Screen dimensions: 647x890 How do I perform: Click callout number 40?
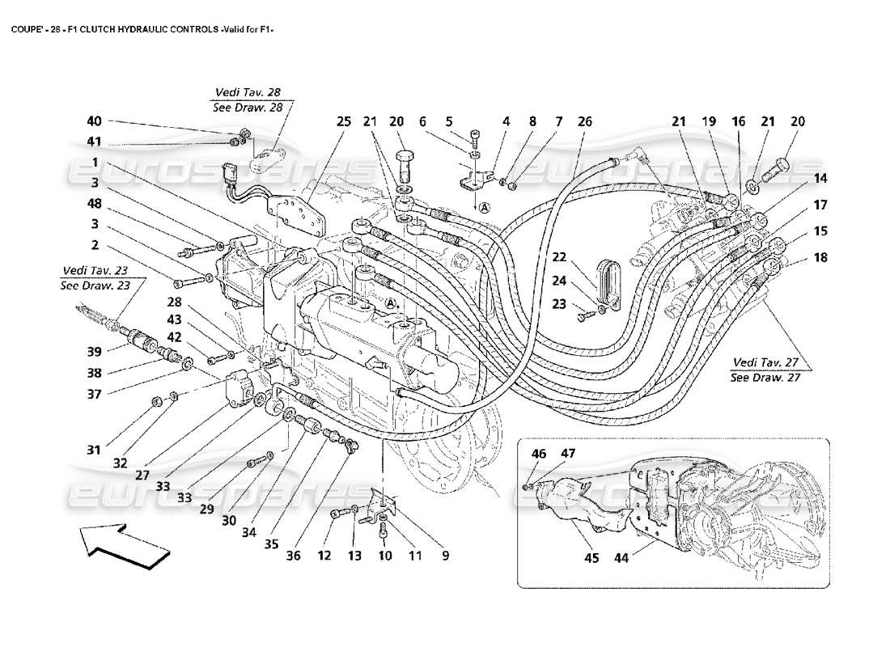(x=95, y=121)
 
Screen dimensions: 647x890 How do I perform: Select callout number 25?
(x=343, y=121)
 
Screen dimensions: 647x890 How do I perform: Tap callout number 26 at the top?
(x=584, y=121)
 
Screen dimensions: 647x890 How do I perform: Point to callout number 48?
(x=95, y=205)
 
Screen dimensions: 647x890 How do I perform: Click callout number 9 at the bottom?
(x=443, y=556)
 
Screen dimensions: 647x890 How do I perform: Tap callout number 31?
(x=95, y=450)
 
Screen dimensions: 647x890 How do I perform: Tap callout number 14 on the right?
(x=820, y=178)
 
